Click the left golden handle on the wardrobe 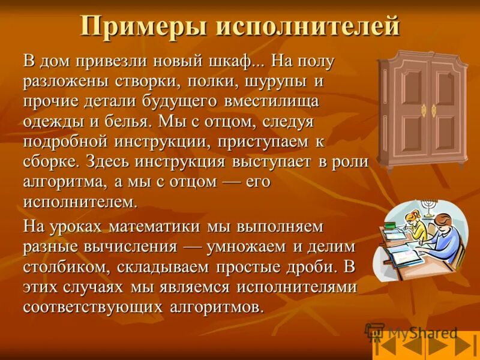pos(424,110)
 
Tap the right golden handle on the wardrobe pos(434,110)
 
